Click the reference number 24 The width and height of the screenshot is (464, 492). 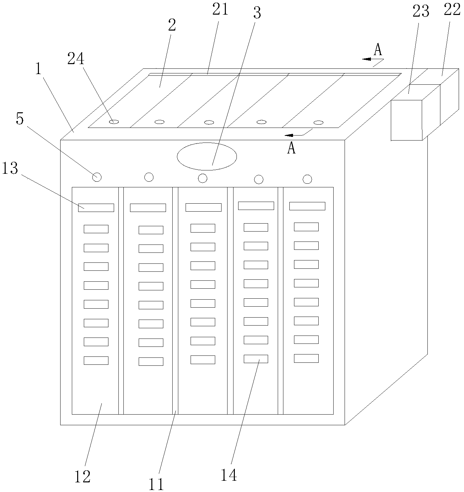[76, 59]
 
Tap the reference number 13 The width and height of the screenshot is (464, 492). [10, 168]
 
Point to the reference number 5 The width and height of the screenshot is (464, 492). [20, 119]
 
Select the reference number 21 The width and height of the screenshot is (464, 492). [220, 10]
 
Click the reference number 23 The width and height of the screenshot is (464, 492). [421, 11]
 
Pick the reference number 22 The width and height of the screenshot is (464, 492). [452, 10]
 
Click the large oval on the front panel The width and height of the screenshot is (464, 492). [207, 156]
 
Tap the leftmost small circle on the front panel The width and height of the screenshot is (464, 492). [97, 177]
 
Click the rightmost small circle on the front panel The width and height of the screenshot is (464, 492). [307, 179]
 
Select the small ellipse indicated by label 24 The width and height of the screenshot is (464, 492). [114, 122]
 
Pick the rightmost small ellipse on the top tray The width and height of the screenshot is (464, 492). [319, 123]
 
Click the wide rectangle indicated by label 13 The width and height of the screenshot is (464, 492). [96, 208]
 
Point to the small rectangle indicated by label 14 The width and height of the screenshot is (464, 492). [256, 359]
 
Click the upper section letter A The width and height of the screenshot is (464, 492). [378, 49]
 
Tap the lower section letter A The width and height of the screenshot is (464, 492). [291, 148]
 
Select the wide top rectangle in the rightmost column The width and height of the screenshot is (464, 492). [307, 206]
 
